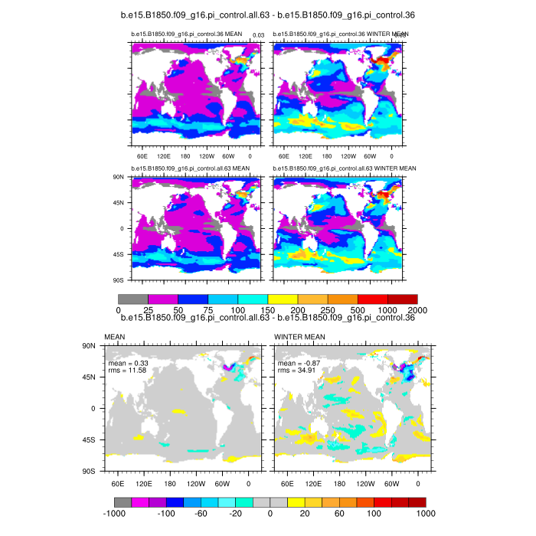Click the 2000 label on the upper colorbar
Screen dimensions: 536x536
click(x=417, y=309)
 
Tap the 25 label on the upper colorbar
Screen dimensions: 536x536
click(x=148, y=309)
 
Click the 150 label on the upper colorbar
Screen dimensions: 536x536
click(x=268, y=309)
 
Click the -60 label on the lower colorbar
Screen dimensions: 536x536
click(x=201, y=513)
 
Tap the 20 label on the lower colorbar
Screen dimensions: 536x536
click(x=305, y=513)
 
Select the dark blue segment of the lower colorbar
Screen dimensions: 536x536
click(x=175, y=502)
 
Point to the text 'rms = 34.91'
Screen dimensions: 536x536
click(x=297, y=371)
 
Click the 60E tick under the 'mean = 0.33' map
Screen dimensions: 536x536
click(x=118, y=484)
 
